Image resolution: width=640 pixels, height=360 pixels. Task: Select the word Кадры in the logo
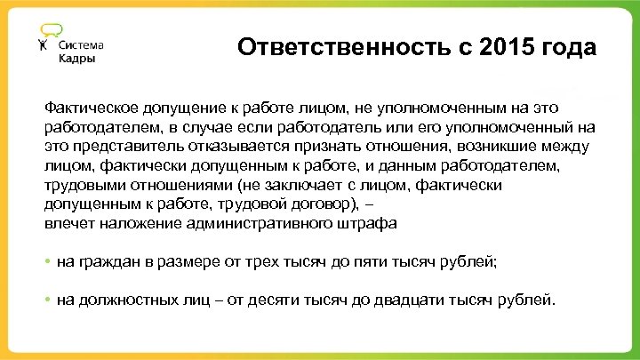click(76, 59)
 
